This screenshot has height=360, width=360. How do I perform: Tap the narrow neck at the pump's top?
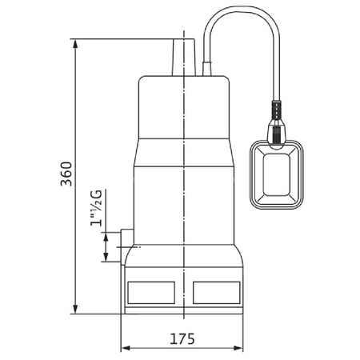(183, 56)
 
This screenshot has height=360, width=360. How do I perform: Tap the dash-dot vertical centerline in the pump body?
(185, 184)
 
